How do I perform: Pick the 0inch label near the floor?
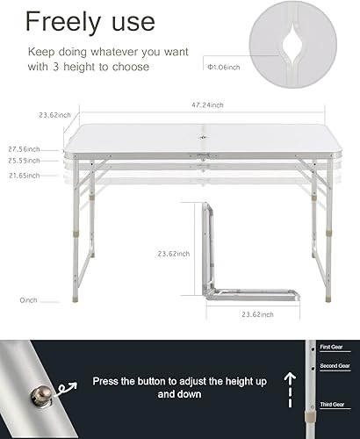point(29,299)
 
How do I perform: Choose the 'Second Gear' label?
point(334,364)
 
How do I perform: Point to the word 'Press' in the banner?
point(110,382)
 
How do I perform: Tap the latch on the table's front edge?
point(205,158)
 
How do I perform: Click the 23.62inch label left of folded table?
point(172,254)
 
